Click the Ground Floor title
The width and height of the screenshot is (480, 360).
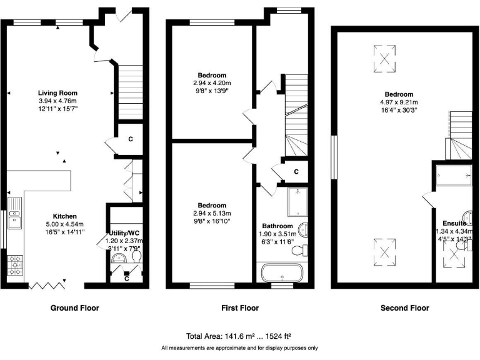point(75,307)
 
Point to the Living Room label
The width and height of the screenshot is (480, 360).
point(57,92)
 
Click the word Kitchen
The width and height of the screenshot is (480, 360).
point(64,214)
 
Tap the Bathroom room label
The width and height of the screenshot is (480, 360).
point(277,226)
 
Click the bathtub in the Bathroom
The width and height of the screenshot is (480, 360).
point(281,273)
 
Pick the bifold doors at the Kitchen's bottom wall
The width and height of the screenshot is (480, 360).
point(48,285)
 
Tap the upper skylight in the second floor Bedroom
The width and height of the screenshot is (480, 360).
point(385,58)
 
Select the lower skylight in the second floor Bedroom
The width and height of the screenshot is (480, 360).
point(385,252)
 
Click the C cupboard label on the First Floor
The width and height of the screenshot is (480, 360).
point(296,171)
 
